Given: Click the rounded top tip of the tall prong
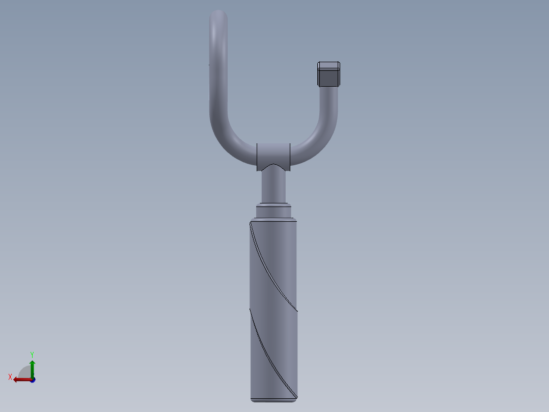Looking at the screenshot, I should pyautogui.click(x=218, y=15).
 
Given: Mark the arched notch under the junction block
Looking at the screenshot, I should pyautogui.click(x=273, y=167).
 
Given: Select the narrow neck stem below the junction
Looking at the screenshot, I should pyautogui.click(x=273, y=187).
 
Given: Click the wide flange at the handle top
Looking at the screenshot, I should pyautogui.click(x=273, y=220).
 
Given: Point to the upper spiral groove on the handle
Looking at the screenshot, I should pyautogui.click(x=273, y=270).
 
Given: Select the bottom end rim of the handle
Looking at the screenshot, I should pyautogui.click(x=273, y=399).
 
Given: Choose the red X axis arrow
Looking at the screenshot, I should pyautogui.click(x=21, y=379).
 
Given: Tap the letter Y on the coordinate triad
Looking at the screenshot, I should pyautogui.click(x=32, y=354).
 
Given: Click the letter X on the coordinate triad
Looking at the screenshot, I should pyautogui.click(x=10, y=377).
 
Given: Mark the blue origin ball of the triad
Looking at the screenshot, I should pyautogui.click(x=33, y=380).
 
